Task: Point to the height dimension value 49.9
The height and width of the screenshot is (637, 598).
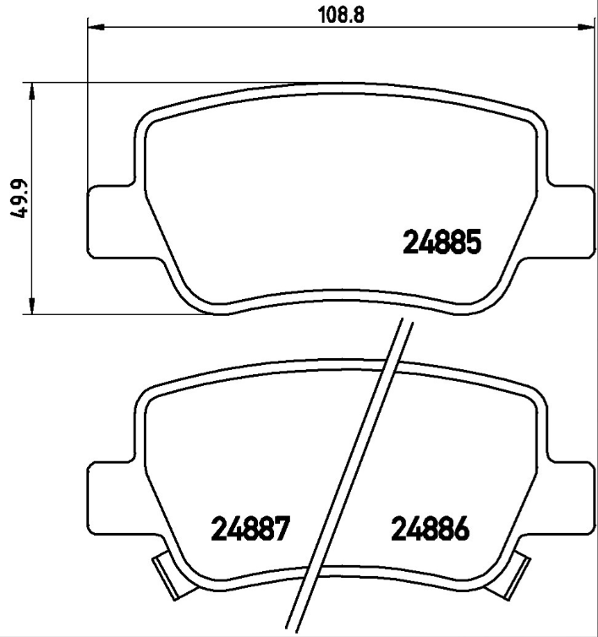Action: (16, 199)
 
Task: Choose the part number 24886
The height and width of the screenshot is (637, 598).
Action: (429, 530)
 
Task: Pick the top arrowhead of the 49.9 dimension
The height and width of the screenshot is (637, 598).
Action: (31, 91)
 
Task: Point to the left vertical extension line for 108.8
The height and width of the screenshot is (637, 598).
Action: (89, 101)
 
